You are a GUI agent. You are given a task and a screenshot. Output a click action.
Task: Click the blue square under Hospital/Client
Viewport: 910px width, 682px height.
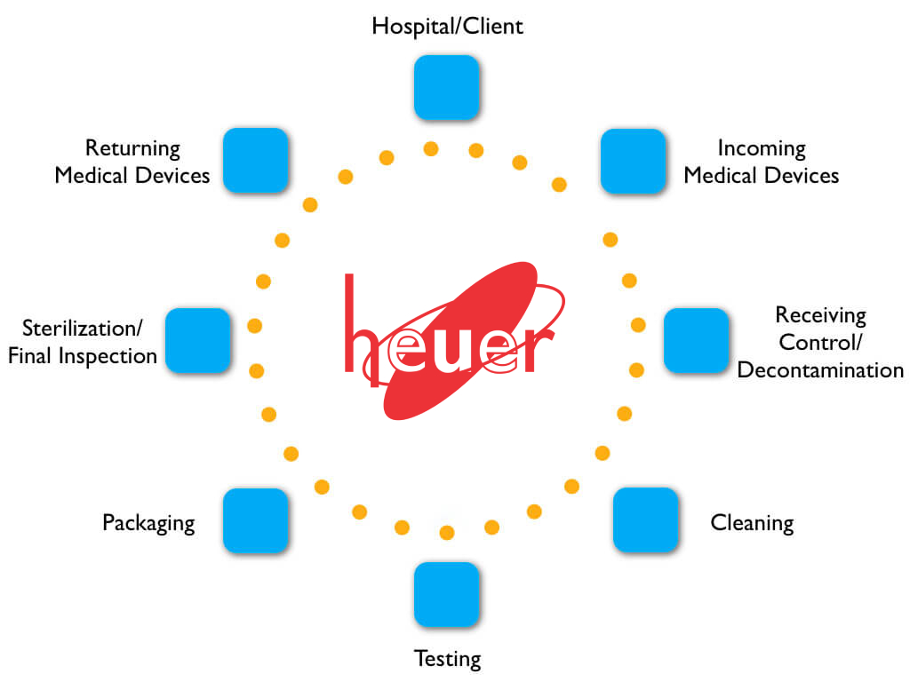click(x=447, y=87)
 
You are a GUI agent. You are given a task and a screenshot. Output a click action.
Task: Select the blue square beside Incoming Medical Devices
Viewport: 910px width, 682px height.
click(x=633, y=161)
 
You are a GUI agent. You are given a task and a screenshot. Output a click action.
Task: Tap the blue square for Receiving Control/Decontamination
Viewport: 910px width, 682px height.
click(x=696, y=340)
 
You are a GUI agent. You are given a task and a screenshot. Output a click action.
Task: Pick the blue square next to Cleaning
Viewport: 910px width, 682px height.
click(x=646, y=520)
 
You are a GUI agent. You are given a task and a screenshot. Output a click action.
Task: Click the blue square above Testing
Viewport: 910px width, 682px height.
click(x=447, y=594)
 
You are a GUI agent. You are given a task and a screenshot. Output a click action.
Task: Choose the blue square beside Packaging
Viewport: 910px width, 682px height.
click(x=255, y=520)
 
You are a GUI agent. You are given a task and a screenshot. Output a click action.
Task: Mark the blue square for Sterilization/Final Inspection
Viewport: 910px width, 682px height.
click(x=198, y=340)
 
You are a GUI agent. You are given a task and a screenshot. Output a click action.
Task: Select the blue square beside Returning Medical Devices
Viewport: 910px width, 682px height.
click(x=255, y=161)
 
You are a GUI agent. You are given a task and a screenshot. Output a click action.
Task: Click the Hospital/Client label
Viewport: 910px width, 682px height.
click(x=447, y=27)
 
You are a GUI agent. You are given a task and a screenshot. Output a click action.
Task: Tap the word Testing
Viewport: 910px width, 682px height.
click(x=447, y=659)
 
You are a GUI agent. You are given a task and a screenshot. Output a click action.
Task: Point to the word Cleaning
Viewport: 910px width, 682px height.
click(x=752, y=522)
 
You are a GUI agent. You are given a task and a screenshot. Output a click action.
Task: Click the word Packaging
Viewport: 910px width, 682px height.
click(x=148, y=522)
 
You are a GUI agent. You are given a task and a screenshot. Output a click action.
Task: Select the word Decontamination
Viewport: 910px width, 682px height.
click(x=820, y=369)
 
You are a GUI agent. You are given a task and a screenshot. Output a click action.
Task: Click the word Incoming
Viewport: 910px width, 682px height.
click(x=762, y=148)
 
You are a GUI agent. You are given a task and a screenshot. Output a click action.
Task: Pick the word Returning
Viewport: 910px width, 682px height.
click(x=132, y=148)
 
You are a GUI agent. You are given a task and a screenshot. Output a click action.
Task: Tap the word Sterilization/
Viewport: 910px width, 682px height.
click(x=82, y=328)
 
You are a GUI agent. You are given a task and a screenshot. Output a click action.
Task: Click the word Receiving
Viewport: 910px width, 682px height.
click(x=820, y=314)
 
